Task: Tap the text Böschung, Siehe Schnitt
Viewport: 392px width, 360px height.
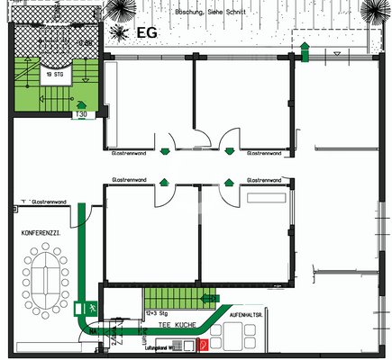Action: (213, 13)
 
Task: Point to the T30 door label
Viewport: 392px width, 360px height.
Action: (81, 114)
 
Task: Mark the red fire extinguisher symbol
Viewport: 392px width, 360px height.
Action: (205, 343)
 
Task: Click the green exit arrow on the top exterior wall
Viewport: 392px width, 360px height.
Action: (306, 52)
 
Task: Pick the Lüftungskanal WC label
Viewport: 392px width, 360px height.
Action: (167, 346)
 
